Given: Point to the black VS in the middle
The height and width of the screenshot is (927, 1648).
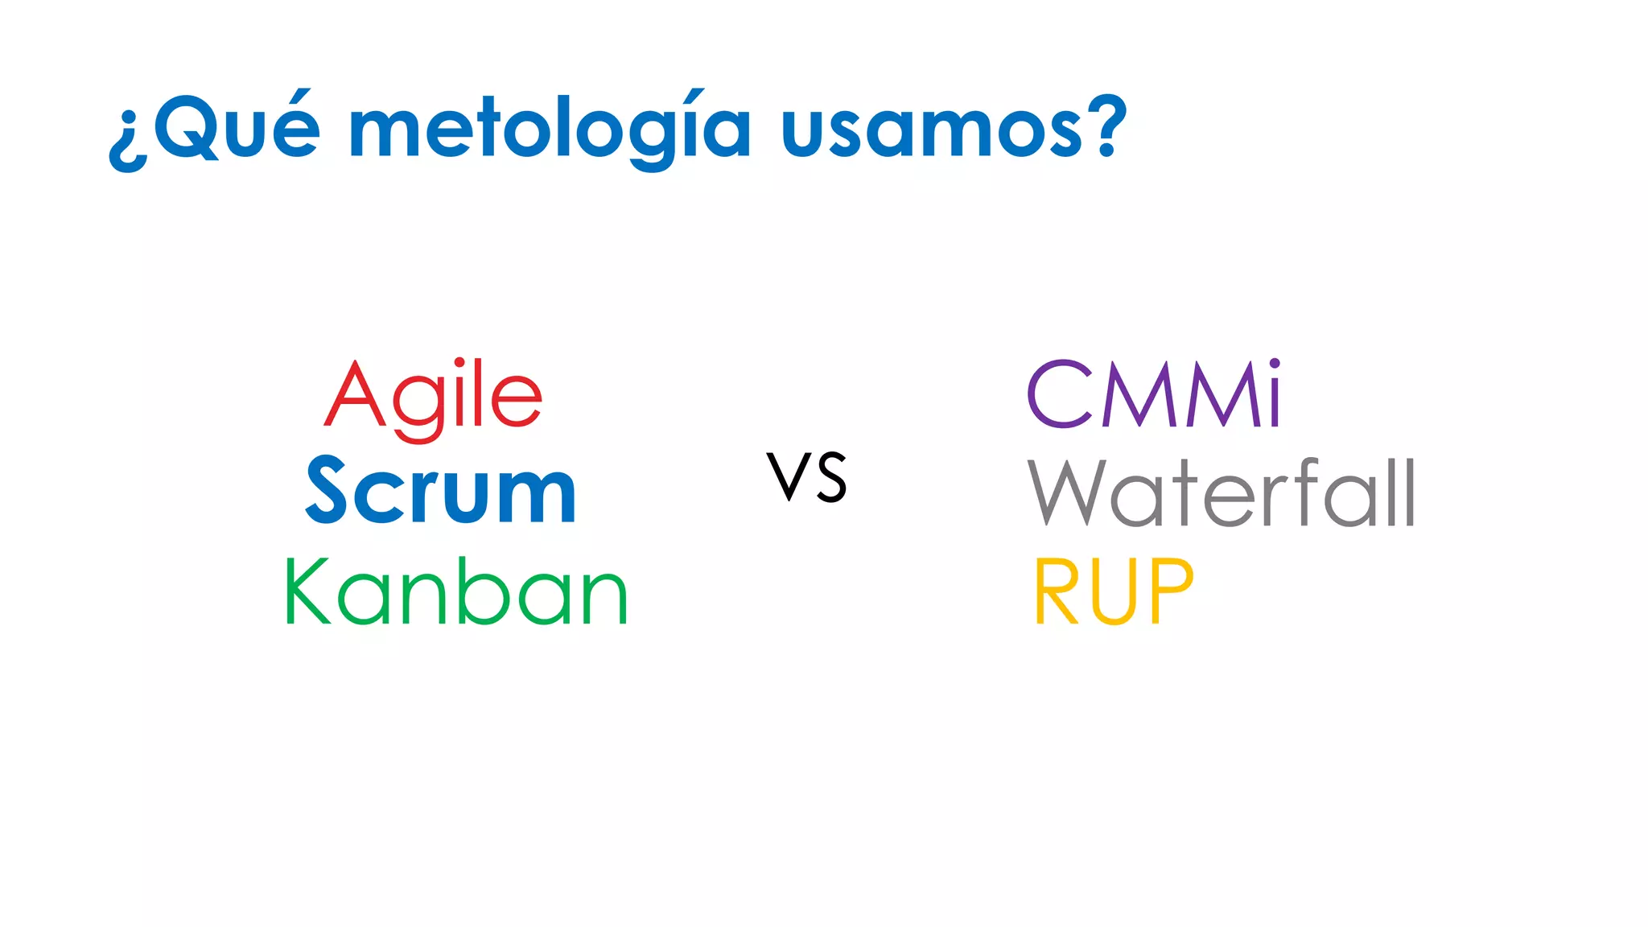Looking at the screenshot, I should click(x=806, y=477).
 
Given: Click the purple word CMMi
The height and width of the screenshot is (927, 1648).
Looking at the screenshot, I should click(x=1153, y=394).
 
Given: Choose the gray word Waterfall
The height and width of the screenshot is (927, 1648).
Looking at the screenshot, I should click(x=1221, y=492).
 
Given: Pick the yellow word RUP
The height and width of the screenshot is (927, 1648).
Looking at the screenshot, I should click(x=1113, y=591).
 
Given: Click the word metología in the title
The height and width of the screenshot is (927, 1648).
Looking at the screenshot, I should click(x=550, y=129).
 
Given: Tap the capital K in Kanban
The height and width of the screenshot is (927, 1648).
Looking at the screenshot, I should click(x=307, y=591).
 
